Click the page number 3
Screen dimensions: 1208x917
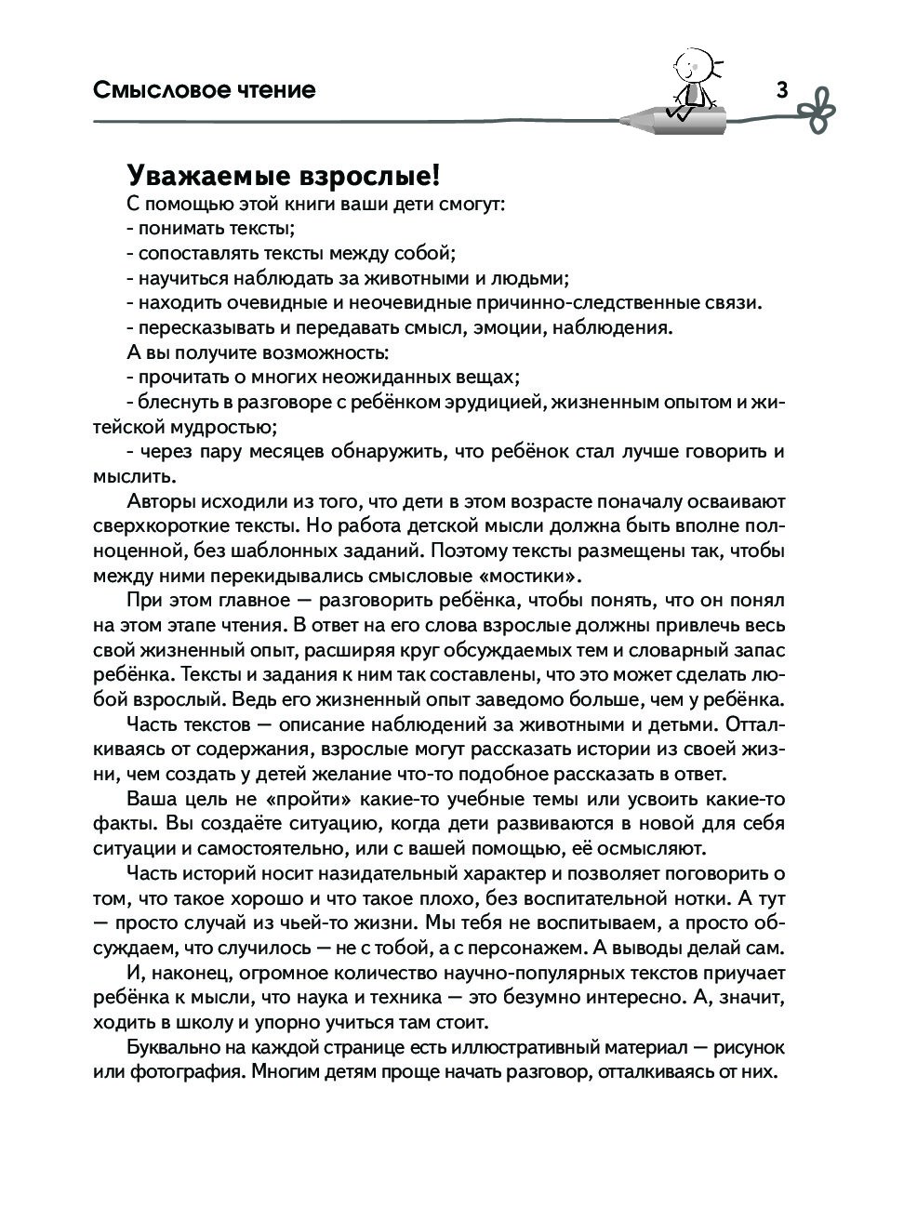click(781, 90)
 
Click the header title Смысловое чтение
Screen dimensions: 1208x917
click(205, 90)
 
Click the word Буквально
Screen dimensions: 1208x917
click(171, 1047)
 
